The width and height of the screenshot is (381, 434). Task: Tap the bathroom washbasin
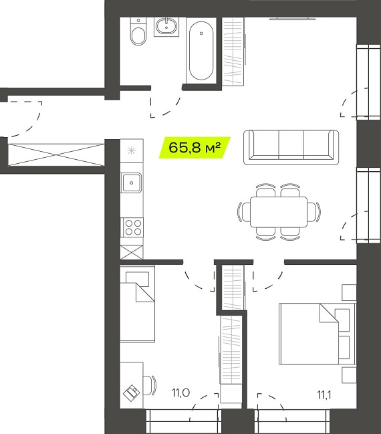(166, 26)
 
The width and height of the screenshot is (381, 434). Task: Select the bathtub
(201, 51)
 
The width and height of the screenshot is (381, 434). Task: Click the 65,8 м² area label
(195, 148)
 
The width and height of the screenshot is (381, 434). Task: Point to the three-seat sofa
(291, 147)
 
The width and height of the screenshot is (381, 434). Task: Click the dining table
(279, 212)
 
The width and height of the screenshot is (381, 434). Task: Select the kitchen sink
(131, 183)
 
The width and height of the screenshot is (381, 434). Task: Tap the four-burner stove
(132, 227)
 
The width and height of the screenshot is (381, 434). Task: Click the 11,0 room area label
(180, 393)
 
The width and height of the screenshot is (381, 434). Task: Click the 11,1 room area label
(324, 395)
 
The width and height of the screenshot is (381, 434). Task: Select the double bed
(317, 334)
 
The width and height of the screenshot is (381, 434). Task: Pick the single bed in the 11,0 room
(137, 304)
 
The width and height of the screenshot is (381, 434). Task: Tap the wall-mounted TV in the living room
(293, 19)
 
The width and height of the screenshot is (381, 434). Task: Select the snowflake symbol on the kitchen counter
(131, 151)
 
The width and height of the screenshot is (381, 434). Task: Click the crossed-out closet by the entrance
(56, 154)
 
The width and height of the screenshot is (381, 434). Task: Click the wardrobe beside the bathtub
(233, 51)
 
